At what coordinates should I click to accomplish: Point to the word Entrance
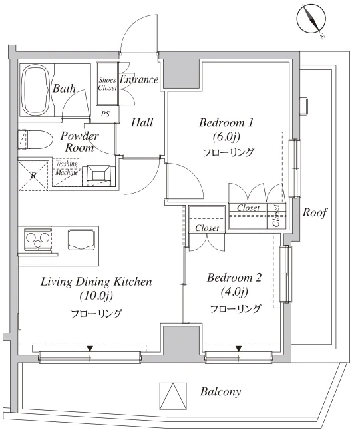pyautogui.click(x=138, y=81)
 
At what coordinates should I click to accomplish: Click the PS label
pyautogui.click(x=105, y=114)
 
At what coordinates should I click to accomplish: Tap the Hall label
pyautogui.click(x=142, y=122)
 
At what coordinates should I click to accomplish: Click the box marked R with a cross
pyautogui.click(x=33, y=175)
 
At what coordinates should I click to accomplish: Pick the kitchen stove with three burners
pyautogui.click(x=37, y=239)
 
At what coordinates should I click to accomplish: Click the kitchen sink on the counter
pyautogui.click(x=82, y=238)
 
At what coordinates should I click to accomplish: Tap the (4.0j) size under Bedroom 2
pyautogui.click(x=234, y=292)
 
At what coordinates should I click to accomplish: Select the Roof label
pyautogui.click(x=314, y=212)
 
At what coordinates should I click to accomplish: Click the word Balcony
pyautogui.click(x=220, y=392)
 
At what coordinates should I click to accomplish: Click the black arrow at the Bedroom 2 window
pyautogui.click(x=238, y=348)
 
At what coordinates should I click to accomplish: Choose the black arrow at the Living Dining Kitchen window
pyautogui.click(x=89, y=348)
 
